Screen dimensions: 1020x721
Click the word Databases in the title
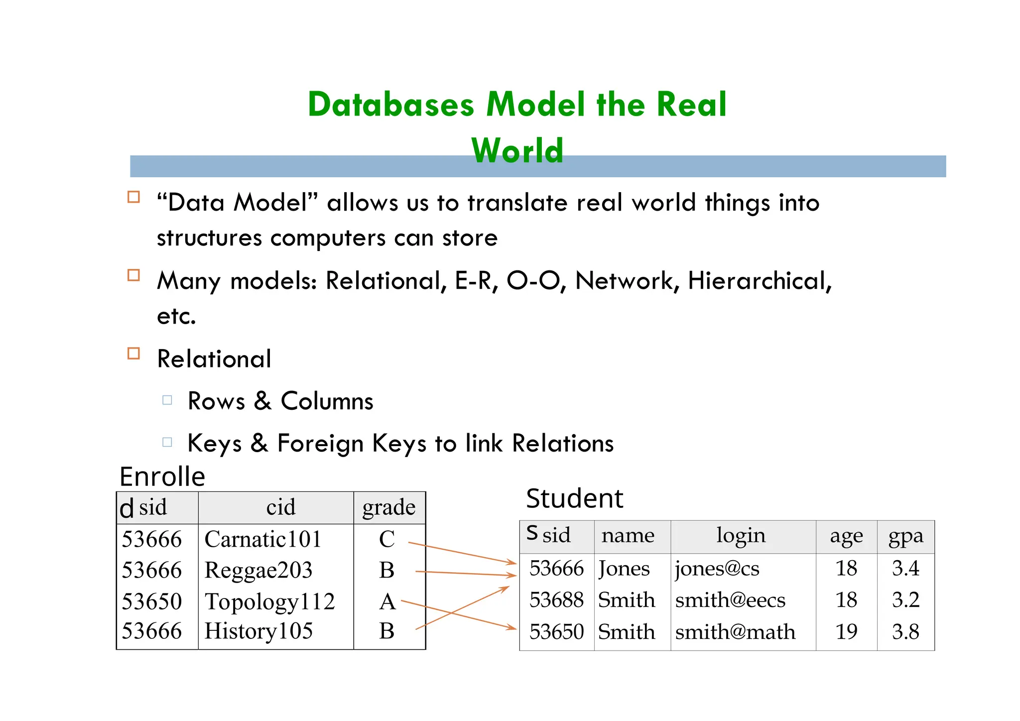(x=391, y=105)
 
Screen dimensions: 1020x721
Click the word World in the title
(x=517, y=150)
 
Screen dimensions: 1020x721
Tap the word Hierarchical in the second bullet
(x=760, y=281)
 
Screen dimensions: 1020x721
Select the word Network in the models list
(x=627, y=281)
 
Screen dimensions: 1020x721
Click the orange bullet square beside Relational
(x=133, y=354)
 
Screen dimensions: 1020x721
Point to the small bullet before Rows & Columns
(x=167, y=400)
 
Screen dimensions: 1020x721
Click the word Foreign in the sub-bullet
(x=320, y=443)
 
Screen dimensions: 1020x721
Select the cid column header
(x=281, y=507)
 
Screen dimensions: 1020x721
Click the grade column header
(x=389, y=507)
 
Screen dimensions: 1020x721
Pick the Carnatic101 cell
(x=263, y=539)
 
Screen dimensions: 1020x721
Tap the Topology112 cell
(x=269, y=601)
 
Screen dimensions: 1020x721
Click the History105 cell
(x=258, y=631)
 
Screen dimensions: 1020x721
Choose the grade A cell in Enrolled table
(x=387, y=601)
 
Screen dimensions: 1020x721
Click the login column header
(x=741, y=535)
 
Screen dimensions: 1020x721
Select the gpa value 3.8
(x=905, y=632)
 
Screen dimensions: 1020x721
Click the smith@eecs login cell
(x=730, y=600)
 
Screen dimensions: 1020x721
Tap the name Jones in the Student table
(x=624, y=569)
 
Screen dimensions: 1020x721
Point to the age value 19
(x=846, y=632)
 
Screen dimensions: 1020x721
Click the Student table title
(x=574, y=498)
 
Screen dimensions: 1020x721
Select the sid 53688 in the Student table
(x=556, y=600)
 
